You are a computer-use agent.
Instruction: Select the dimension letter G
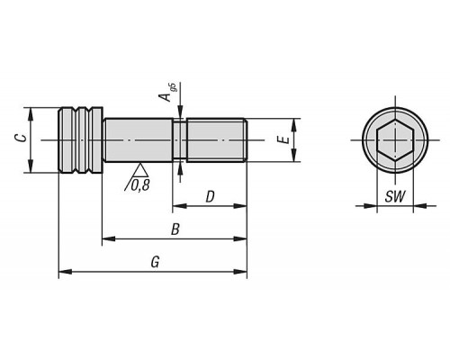click(x=155, y=262)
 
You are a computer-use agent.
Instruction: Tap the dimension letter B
click(x=175, y=229)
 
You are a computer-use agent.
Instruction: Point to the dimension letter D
click(x=210, y=197)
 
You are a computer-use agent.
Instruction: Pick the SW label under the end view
click(x=395, y=196)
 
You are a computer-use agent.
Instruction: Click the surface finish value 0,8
click(x=140, y=186)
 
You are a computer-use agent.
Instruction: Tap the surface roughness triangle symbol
click(x=139, y=170)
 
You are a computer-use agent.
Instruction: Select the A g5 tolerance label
click(x=168, y=93)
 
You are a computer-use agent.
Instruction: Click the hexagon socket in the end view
click(x=395, y=140)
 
